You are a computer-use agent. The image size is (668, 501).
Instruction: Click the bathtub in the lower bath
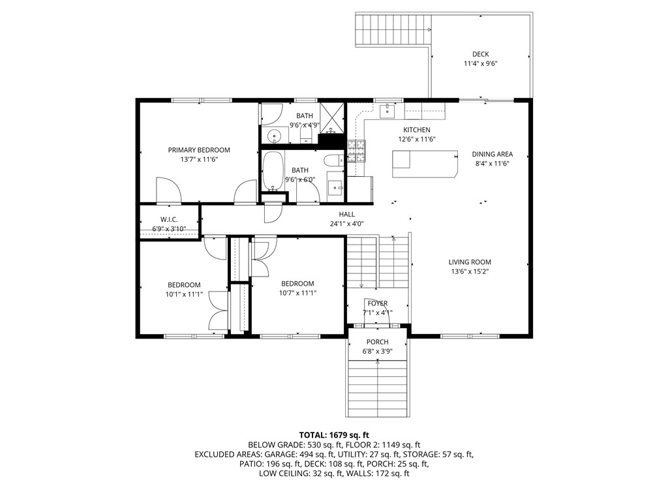pyautogui.click(x=274, y=170)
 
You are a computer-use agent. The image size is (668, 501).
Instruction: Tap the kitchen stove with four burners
pyautogui.click(x=356, y=151)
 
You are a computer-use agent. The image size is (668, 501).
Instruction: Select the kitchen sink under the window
pyautogui.click(x=387, y=111)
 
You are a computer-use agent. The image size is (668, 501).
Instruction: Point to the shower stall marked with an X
pyautogui.click(x=332, y=117)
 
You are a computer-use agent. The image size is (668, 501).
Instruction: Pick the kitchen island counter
pyautogui.click(x=424, y=163)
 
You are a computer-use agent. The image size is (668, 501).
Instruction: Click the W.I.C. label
pyautogui.click(x=169, y=219)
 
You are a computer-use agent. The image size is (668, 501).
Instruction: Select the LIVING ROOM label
pyautogui.click(x=470, y=262)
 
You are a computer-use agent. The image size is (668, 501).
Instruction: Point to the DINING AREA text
pyautogui.click(x=493, y=154)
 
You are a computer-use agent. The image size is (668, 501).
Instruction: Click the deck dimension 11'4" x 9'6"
pyautogui.click(x=481, y=64)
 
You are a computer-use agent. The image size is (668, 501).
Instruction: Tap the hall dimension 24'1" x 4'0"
pyautogui.click(x=346, y=224)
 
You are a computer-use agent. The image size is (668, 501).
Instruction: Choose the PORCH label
pyautogui.click(x=378, y=342)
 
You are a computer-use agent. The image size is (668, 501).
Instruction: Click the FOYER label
pyautogui.click(x=378, y=303)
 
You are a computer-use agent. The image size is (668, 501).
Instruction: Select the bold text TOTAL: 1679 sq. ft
pyautogui.click(x=334, y=434)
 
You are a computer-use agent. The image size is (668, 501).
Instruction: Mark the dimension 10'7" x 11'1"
pyautogui.click(x=297, y=294)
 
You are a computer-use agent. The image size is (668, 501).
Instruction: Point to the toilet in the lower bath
pyautogui.click(x=333, y=160)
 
